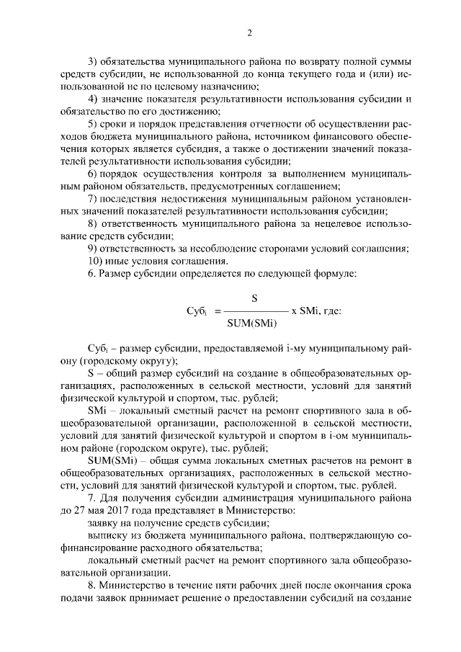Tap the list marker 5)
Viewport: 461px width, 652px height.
[x=91, y=124]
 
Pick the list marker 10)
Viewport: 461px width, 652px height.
[x=94, y=260]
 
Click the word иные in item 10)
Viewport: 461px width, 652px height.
[x=119, y=260]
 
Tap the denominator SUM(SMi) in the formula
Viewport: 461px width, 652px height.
[x=251, y=322]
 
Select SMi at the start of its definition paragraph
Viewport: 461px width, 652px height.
[x=97, y=409]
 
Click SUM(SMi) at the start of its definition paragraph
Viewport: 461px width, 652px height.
[x=109, y=460]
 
